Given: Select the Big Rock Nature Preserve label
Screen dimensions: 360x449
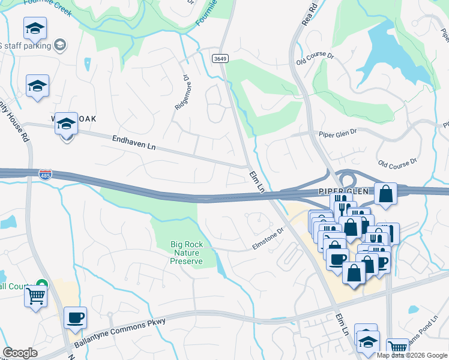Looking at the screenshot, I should (186, 253).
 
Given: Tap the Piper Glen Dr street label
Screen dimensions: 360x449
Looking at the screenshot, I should (337, 133).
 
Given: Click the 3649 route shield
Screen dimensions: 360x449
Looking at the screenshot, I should (220, 58).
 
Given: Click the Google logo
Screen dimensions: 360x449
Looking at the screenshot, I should (20, 353).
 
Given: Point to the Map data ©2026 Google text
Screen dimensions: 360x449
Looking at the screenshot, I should (412, 355).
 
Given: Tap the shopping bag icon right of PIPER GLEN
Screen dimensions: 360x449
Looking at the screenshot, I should (385, 194).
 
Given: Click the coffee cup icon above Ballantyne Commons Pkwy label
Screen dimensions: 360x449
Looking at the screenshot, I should (75, 318).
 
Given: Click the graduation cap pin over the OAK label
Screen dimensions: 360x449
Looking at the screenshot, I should (66, 124).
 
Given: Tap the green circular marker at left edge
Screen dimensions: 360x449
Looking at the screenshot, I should (41, 283).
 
